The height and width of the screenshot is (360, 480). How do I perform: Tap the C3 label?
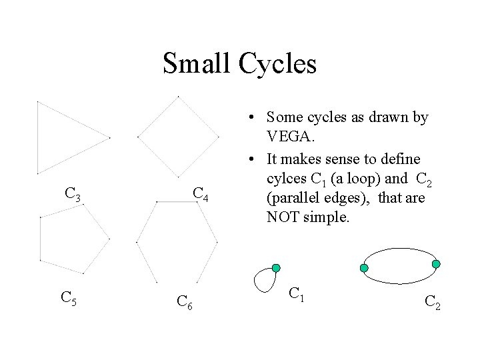click(x=73, y=195)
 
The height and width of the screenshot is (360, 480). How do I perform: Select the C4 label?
click(x=201, y=194)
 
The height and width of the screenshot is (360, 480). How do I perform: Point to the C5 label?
click(x=69, y=297)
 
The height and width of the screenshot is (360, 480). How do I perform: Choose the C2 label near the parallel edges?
click(x=432, y=304)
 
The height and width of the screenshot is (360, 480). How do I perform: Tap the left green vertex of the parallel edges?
click(x=364, y=268)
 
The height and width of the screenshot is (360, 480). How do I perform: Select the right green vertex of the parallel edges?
click(x=436, y=264)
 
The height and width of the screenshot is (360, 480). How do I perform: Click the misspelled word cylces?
click(x=285, y=179)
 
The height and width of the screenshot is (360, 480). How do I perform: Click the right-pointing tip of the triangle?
click(x=109, y=139)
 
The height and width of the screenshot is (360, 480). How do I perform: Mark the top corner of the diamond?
click(x=179, y=97)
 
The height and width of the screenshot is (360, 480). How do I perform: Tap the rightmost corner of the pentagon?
click(x=109, y=237)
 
